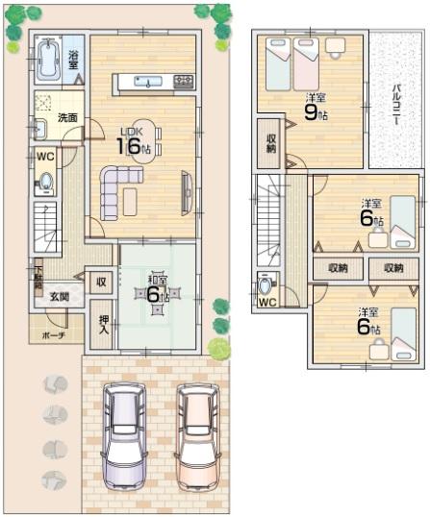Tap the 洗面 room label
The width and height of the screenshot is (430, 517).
tap(67, 118)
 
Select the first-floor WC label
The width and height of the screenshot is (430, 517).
tap(44, 156)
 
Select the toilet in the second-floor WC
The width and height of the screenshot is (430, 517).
tap(266, 287)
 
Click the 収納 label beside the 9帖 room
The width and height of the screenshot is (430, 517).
tap(272, 142)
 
